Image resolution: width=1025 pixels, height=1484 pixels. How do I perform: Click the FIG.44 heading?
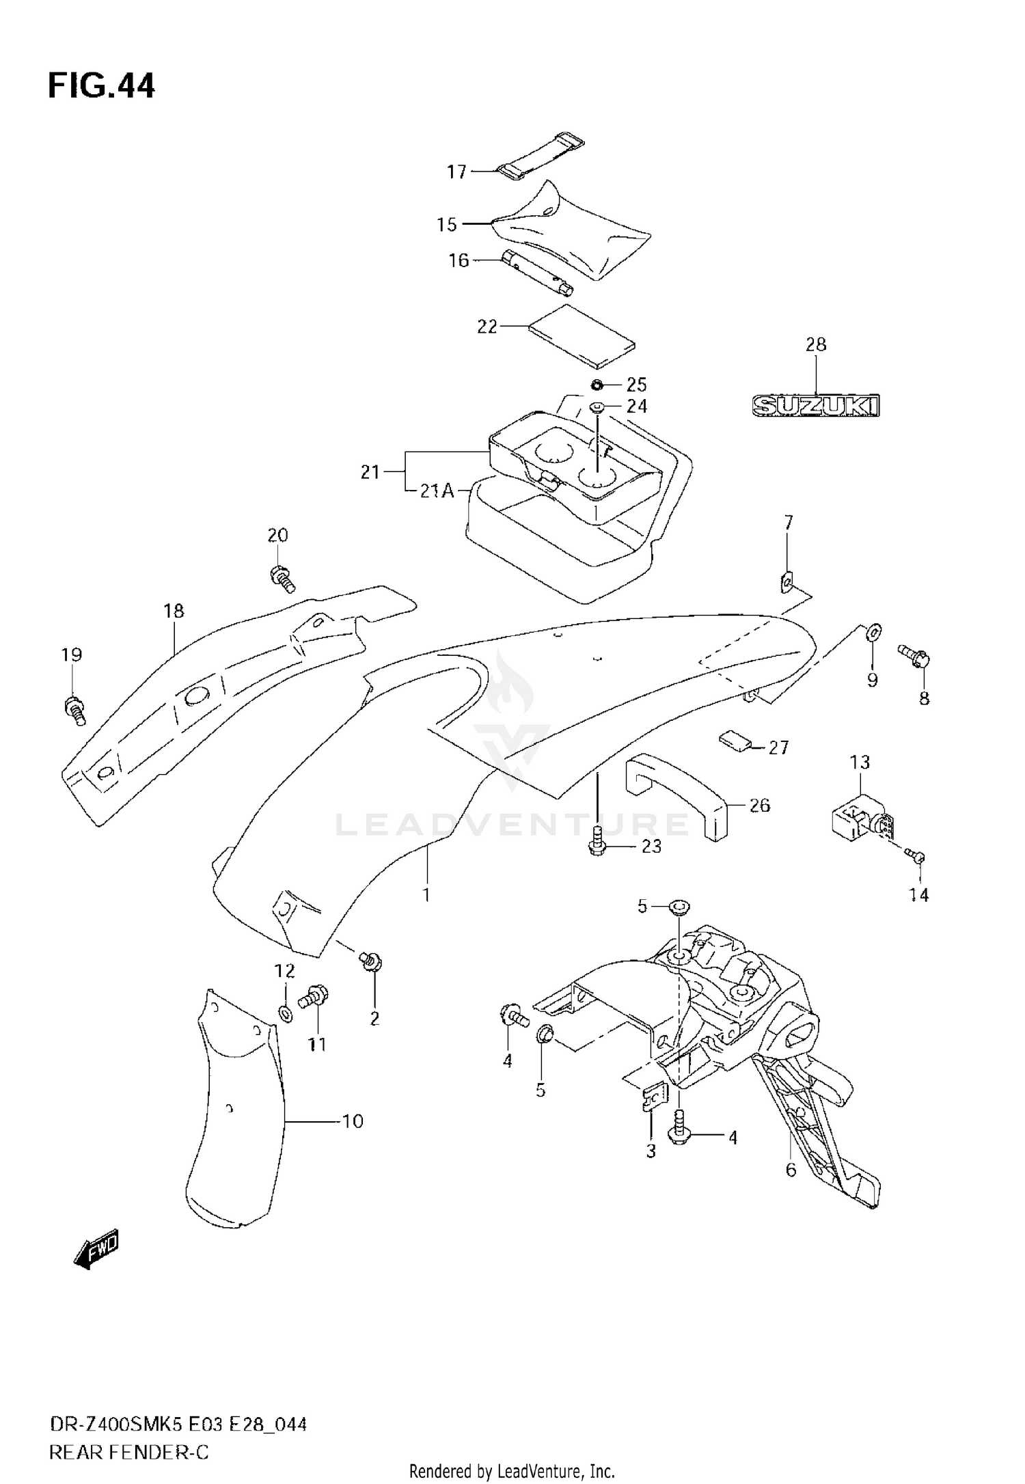pos(101,86)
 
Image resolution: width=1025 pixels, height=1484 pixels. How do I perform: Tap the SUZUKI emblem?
pos(816,406)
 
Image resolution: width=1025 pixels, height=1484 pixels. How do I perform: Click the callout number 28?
pos(816,344)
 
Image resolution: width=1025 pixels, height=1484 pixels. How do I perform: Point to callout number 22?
pos(487,327)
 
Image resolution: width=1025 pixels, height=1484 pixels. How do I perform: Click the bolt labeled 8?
pos(914,655)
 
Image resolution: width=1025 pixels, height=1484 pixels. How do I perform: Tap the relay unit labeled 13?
pos(858,818)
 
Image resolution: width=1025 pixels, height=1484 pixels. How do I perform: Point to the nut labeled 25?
pos(597,383)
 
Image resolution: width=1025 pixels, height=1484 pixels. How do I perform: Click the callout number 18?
pos(174,610)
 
